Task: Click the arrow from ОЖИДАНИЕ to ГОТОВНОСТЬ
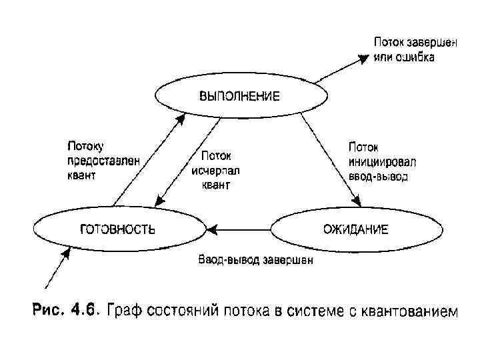coord(240,230)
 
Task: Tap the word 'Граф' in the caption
coord(127,310)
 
